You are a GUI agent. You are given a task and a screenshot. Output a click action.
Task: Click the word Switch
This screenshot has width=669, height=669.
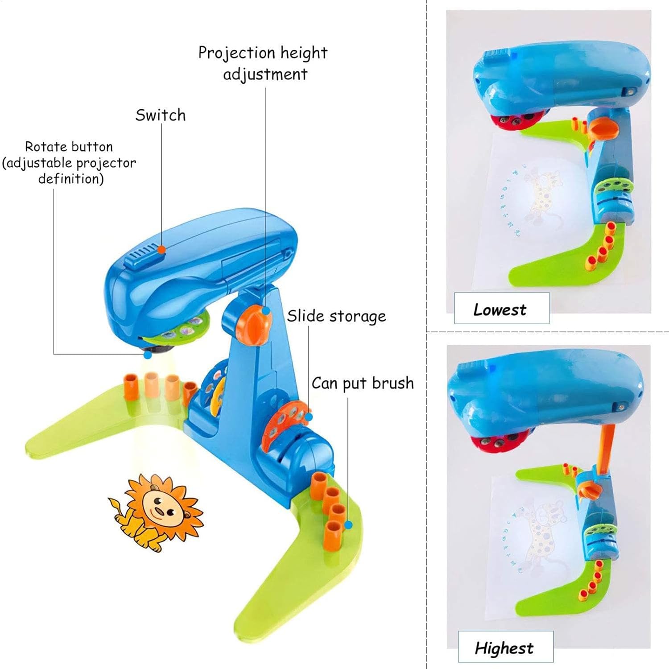[161, 115]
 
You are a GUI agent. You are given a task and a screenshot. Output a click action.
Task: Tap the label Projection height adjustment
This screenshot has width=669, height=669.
[263, 63]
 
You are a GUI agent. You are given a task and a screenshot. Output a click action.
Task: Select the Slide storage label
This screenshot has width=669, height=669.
[336, 316]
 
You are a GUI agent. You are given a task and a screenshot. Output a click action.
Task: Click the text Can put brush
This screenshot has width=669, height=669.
[363, 383]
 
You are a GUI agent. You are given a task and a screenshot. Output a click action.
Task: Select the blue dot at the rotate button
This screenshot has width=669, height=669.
[147, 355]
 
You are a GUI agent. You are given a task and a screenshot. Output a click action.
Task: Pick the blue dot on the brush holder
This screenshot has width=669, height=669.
[348, 525]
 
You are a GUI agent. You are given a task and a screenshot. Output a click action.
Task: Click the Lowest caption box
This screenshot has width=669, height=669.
[501, 308]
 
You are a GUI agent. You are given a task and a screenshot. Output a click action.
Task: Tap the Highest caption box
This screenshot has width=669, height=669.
[505, 647]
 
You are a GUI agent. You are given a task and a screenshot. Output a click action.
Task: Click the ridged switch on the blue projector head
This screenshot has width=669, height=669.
[142, 256]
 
